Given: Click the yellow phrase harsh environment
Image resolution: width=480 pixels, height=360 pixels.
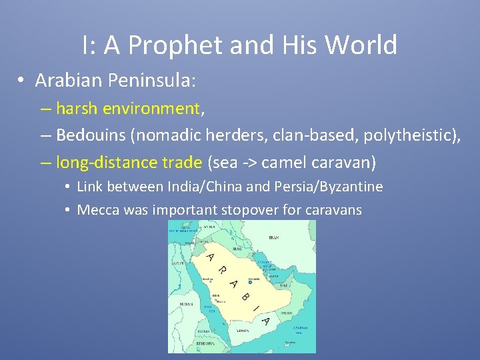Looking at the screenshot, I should pyautogui.click(x=128, y=108).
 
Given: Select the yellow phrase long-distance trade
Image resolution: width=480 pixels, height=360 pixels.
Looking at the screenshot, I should pyautogui.click(x=129, y=163).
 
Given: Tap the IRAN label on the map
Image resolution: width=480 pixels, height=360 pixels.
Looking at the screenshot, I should pyautogui.click(x=275, y=238).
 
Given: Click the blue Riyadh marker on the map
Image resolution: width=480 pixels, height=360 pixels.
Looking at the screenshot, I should pyautogui.click(x=249, y=283).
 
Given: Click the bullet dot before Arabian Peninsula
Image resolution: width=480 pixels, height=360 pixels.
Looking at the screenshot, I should pyautogui.click(x=22, y=81).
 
